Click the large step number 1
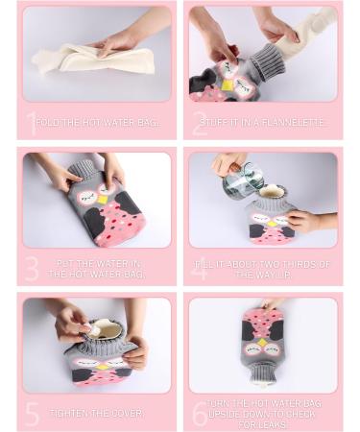coord(31,122)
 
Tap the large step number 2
coord(200,122)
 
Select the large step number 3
coord(33,269)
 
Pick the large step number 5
coord(33,414)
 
